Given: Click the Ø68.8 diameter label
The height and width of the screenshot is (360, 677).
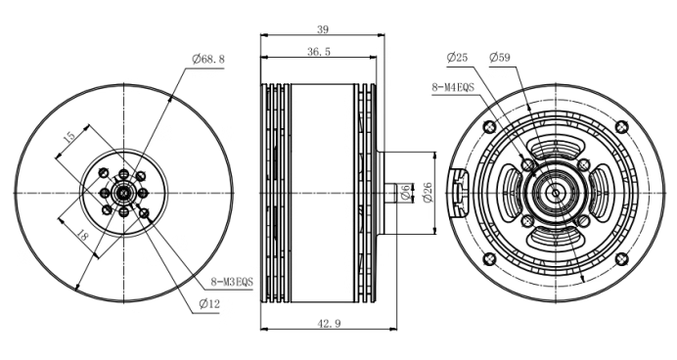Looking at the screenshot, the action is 208,59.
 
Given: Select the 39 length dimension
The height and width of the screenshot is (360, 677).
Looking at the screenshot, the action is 323,29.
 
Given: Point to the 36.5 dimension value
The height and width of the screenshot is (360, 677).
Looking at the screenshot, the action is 319,52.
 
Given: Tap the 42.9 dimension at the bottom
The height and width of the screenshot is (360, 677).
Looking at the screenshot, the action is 329,323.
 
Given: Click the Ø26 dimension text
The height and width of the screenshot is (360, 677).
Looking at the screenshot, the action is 427,192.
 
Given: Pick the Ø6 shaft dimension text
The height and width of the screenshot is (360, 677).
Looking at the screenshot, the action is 405,193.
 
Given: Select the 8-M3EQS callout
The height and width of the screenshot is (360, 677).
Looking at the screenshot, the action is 232,283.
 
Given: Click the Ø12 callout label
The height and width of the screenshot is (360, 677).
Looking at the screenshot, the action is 209,304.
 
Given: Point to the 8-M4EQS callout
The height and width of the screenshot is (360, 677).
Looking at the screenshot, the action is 453,87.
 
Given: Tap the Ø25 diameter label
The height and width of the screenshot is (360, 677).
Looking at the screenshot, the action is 457,58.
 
